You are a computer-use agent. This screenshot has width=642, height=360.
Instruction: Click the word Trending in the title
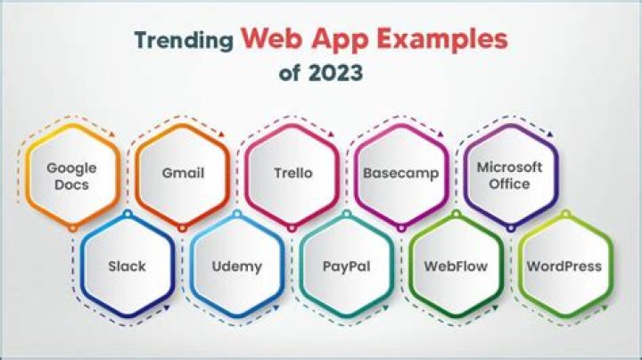coord(184,41)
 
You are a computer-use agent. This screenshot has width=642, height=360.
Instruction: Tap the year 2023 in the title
coord(336,73)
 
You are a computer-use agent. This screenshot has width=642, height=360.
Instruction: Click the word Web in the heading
coord(271,38)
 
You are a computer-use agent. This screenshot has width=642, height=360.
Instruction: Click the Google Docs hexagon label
coord(71,176)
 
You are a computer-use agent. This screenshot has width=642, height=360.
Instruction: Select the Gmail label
coord(183,173)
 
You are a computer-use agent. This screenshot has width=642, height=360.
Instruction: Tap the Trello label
coord(293,173)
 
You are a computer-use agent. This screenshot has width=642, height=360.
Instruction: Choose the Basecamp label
coord(401,173)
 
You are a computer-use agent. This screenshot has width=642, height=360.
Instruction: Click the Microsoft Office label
coord(509,175)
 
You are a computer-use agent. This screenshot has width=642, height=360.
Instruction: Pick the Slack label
coord(127,266)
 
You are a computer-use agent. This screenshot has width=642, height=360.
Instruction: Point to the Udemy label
coord(237,266)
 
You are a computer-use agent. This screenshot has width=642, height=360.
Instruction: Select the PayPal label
coord(346,266)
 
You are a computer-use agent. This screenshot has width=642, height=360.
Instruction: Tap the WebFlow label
coord(456,266)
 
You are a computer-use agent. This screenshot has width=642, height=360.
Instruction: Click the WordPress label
coord(564,266)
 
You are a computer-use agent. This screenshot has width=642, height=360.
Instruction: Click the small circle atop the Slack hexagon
coord(128,214)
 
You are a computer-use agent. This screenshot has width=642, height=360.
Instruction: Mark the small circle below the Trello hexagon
coord(292,228)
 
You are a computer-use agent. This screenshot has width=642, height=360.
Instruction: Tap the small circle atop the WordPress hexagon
coord(565,214)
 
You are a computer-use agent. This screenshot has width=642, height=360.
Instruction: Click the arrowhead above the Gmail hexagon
coord(222,135)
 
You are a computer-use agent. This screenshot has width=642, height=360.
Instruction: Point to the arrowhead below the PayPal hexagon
coord(385,307)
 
